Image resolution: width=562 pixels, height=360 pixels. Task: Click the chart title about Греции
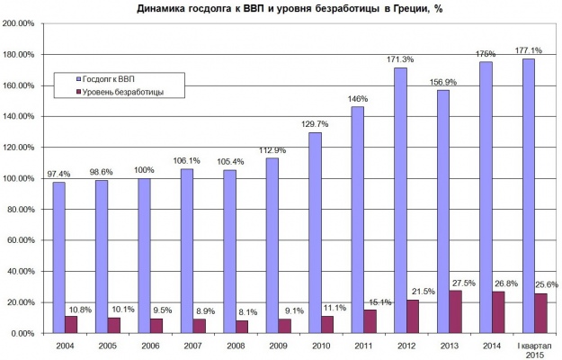pos(290,9)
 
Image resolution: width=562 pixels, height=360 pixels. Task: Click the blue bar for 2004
pos(59,257)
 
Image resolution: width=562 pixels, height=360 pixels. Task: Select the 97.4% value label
pos(57,173)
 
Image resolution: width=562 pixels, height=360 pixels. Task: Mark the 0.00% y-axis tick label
pos(22,333)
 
